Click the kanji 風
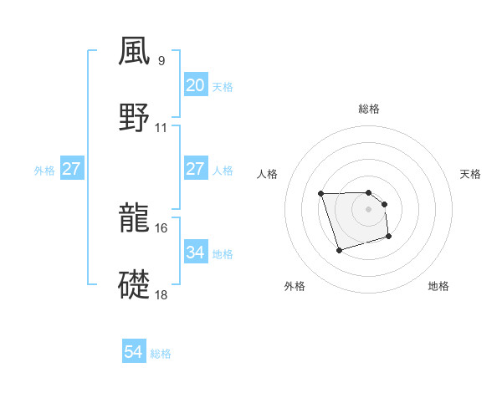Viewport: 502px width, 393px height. pyautogui.click(x=136, y=52)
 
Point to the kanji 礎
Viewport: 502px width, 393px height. pyautogui.click(x=136, y=283)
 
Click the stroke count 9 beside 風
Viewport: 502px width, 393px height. pyautogui.click(x=161, y=60)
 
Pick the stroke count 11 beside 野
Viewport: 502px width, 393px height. pyautogui.click(x=161, y=128)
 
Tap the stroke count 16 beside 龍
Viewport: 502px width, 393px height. pyautogui.click(x=161, y=227)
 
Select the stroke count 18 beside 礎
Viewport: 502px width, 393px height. pyautogui.click(x=161, y=294)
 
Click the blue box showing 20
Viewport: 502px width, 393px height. pyautogui.click(x=195, y=85)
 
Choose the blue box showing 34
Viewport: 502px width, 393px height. pyautogui.click(x=195, y=252)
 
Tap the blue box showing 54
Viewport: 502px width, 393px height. pyautogui.click(x=133, y=352)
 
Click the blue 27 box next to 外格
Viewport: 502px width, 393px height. pyautogui.click(x=71, y=169)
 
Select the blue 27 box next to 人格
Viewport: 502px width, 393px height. pyautogui.click(x=195, y=169)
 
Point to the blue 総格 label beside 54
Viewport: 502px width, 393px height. pyautogui.click(x=161, y=354)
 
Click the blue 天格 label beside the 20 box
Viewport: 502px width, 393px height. pyautogui.click(x=223, y=87)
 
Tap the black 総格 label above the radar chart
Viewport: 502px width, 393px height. pyautogui.click(x=369, y=109)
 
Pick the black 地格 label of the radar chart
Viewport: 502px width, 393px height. pyautogui.click(x=438, y=286)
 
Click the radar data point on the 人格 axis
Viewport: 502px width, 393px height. pyautogui.click(x=321, y=194)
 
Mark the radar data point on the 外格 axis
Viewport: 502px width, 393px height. pyautogui.click(x=338, y=250)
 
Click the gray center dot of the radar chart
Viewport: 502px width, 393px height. pyautogui.click(x=369, y=209)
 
